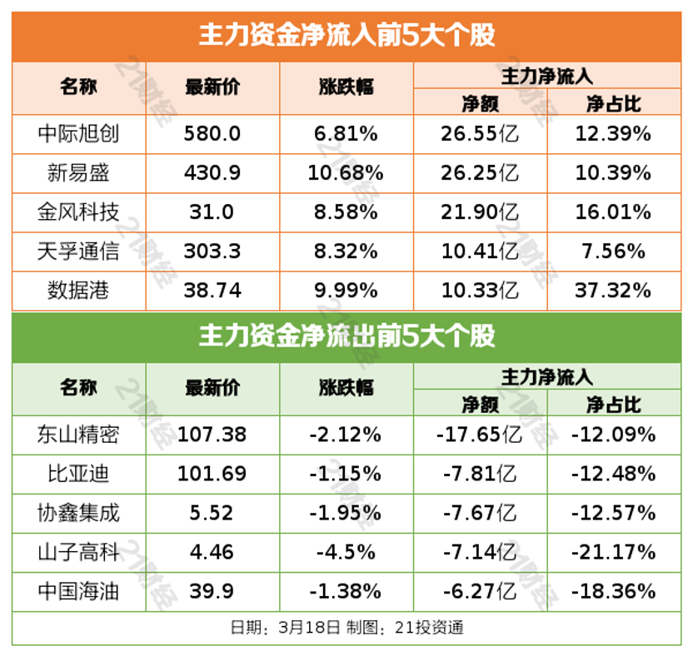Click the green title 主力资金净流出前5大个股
pos(346,336)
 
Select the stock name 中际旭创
pos(78,134)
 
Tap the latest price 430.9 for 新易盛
pos(212,173)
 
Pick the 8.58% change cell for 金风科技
pos(346,212)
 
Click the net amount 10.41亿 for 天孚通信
pos(480,251)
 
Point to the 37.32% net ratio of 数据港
pos(613,290)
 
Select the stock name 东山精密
pos(78,435)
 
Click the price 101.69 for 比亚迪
pos(212,474)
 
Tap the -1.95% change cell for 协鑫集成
pos(346,513)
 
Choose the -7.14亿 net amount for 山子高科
pos(480,552)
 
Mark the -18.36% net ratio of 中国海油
pos(613,591)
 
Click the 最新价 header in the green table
pos(212,387)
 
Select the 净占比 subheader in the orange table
pos(613,103)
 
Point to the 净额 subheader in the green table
pos(480,405)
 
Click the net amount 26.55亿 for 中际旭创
pos(480,134)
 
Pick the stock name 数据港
pos(78,290)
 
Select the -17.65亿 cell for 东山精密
pos(480,435)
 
